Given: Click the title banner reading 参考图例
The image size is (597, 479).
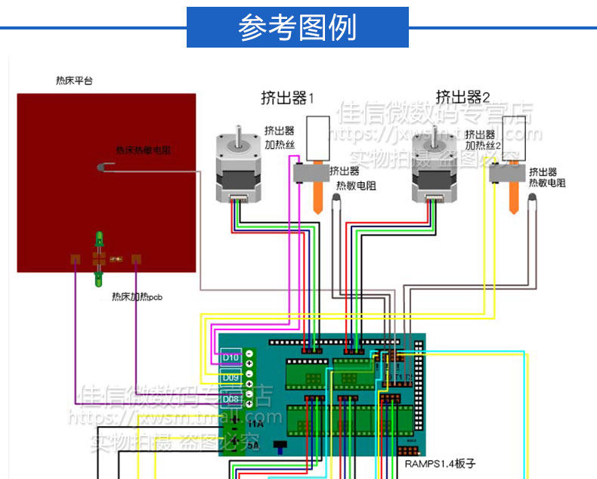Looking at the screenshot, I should pos(297,28).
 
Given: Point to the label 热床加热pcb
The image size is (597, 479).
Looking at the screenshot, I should pos(137,297).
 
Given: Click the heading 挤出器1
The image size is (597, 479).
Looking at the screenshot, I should pos(287,97).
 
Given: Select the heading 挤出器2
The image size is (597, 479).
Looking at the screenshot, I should pos(462,97).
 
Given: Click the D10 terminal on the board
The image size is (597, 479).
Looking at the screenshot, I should pos(230,356).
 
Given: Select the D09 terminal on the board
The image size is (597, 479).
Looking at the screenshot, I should pos(230,376).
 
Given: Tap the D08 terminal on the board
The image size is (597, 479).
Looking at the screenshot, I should pos(230,398).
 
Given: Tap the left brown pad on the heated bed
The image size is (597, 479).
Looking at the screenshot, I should pos(75,260).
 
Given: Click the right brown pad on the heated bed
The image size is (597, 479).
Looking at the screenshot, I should pos(136,260).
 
